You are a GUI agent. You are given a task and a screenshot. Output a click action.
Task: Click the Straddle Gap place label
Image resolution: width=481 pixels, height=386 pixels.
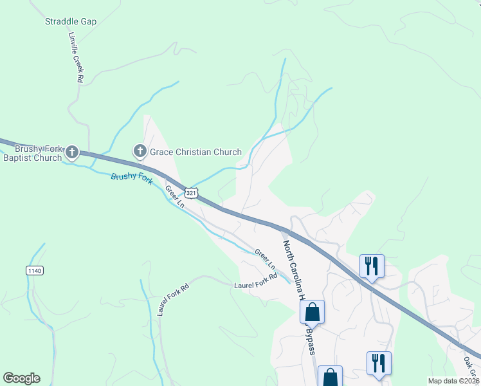[x=71, y=21]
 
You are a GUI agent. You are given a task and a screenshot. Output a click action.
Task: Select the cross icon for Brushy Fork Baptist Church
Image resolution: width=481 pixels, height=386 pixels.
[x=72, y=152]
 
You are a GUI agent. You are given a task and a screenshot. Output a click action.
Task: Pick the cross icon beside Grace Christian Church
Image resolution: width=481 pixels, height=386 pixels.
[x=140, y=152]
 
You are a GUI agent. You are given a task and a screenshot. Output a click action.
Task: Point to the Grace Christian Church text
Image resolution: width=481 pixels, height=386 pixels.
[x=195, y=152]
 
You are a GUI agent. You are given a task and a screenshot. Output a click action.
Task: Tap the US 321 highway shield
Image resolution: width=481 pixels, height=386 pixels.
[x=191, y=193]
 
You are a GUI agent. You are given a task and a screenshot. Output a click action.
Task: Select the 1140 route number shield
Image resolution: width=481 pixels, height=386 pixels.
[x=35, y=271]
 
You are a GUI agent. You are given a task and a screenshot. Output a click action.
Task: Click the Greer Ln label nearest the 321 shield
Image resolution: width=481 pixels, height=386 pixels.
[x=175, y=196]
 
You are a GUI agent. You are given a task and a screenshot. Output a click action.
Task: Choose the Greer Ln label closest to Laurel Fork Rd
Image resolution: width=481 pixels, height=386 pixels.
[x=264, y=259]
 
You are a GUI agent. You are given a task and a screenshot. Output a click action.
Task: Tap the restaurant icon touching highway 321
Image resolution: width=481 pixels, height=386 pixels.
[x=372, y=266]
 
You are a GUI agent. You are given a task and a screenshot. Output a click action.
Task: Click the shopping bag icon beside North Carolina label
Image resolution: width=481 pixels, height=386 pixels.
[x=313, y=313]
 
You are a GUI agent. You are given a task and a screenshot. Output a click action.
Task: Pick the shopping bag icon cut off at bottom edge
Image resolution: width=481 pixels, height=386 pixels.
[x=330, y=376]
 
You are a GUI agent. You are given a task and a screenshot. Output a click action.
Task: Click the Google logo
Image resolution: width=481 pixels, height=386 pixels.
[x=21, y=378]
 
